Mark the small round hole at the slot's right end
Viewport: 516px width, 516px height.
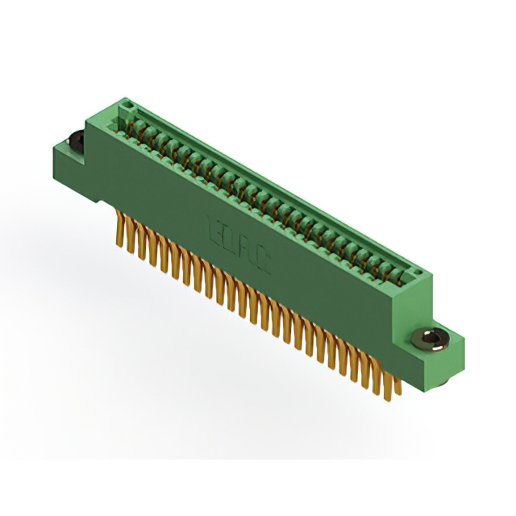pyautogui.click(x=418, y=277)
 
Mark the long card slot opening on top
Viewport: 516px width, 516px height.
pyautogui.click(x=266, y=193)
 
